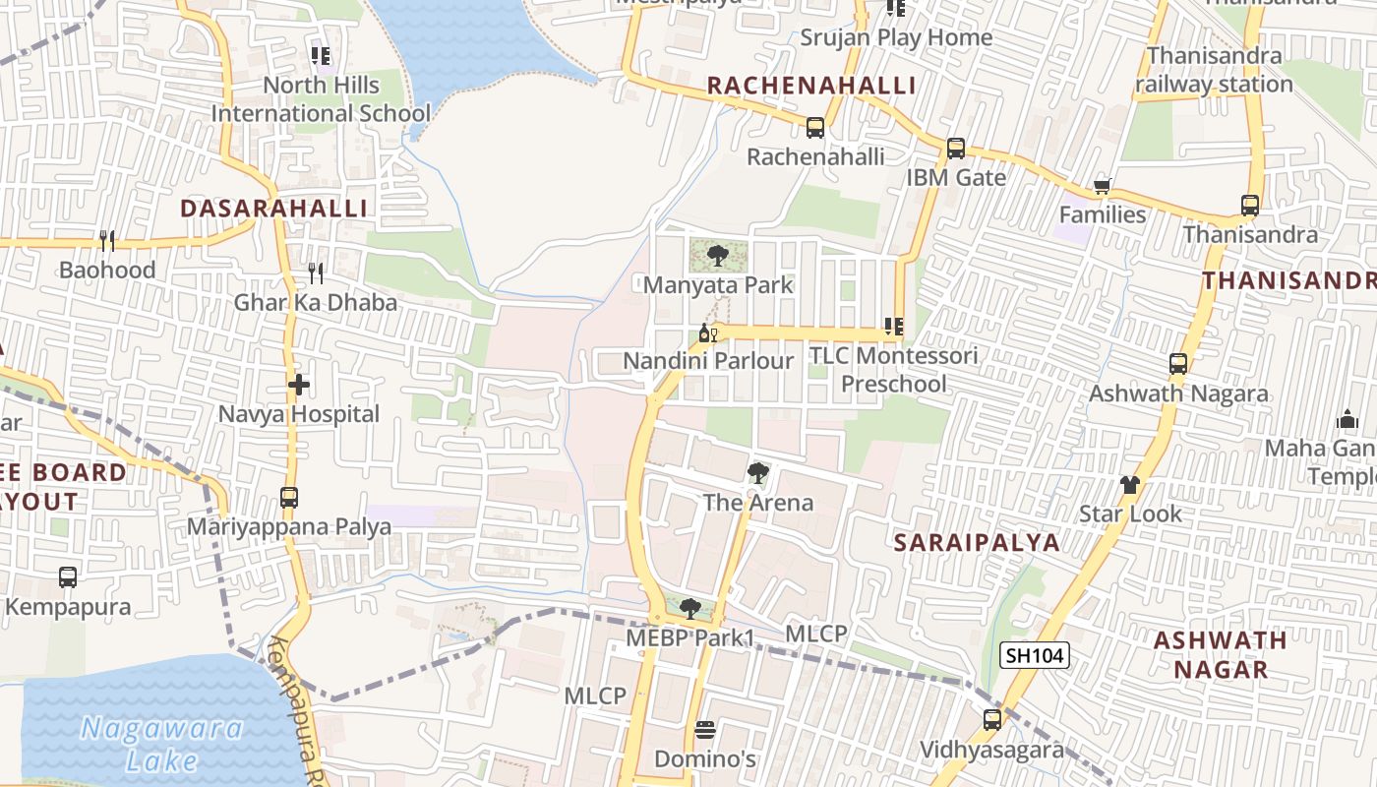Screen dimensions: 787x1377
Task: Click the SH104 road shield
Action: click(x=1034, y=655)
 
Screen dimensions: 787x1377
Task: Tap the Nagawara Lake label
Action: click(x=162, y=744)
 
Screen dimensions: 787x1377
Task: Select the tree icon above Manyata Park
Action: click(x=717, y=256)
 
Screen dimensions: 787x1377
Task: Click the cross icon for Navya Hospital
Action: click(x=299, y=385)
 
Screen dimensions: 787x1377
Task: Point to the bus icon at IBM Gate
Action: click(x=955, y=149)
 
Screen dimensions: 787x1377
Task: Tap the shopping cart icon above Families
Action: click(x=1102, y=186)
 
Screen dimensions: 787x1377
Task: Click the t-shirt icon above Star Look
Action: click(x=1130, y=484)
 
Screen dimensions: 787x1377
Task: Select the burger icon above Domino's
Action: click(x=704, y=730)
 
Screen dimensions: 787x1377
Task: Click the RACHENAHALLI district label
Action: click(x=811, y=86)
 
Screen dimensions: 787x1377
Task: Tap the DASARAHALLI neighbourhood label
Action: click(x=274, y=209)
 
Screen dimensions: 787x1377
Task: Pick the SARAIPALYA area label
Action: click(x=977, y=542)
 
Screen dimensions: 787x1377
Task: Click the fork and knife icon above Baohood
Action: click(x=107, y=240)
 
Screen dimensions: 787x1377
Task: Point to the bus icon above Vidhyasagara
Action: click(x=991, y=720)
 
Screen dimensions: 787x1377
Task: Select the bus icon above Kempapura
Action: click(x=67, y=577)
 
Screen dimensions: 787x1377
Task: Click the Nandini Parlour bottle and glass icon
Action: click(x=707, y=333)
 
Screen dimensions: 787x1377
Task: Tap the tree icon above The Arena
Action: click(x=757, y=473)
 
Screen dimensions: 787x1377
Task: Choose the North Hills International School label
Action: click(x=321, y=99)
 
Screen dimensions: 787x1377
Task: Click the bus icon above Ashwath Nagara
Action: click(x=1177, y=364)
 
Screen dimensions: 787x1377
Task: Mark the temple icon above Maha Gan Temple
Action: click(x=1347, y=420)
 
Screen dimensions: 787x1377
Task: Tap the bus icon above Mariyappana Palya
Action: click(x=288, y=497)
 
